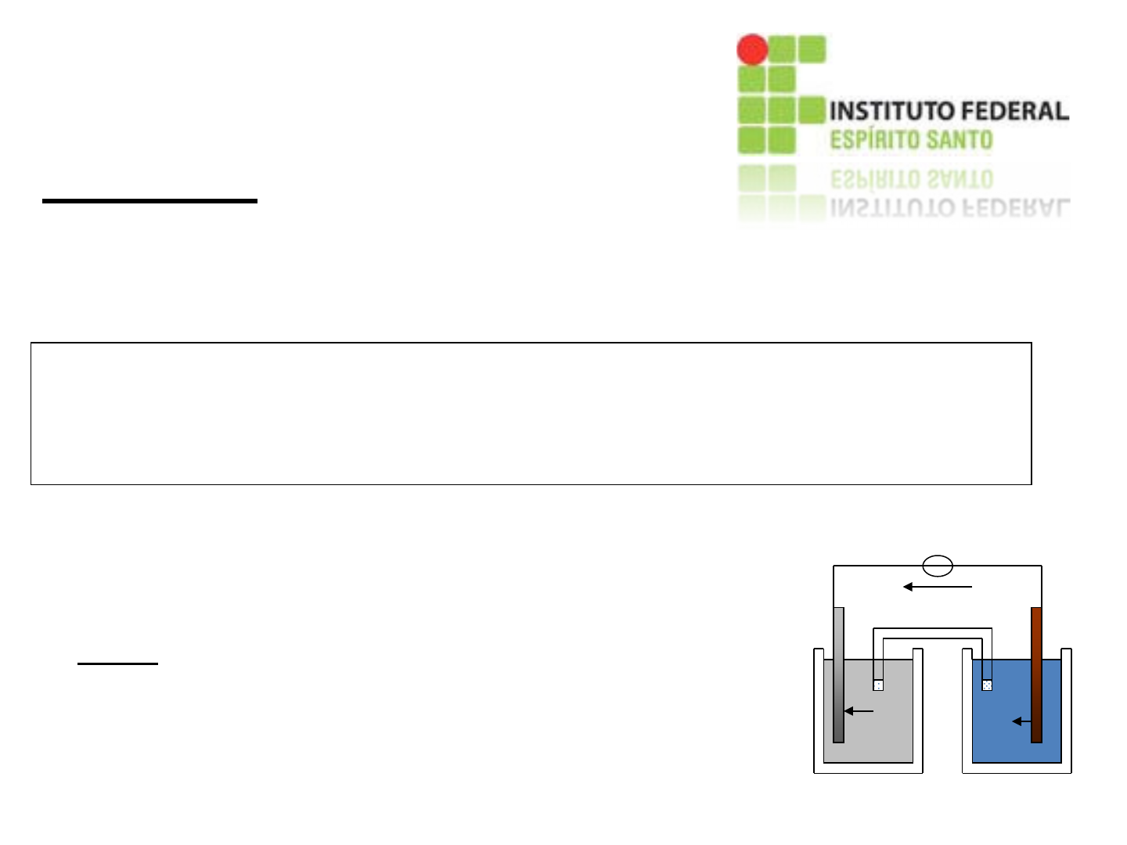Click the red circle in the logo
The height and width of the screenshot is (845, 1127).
pyautogui.click(x=752, y=50)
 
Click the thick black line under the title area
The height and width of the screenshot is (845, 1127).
pyautogui.click(x=149, y=201)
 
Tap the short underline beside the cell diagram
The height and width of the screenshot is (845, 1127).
pyautogui.click(x=117, y=663)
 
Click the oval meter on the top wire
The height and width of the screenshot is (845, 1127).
pyautogui.click(x=938, y=565)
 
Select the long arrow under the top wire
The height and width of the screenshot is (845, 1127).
pyautogui.click(x=938, y=586)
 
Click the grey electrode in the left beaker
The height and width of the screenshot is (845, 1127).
pyautogui.click(x=838, y=673)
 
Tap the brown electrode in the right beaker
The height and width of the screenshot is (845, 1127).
pyautogui.click(x=1036, y=673)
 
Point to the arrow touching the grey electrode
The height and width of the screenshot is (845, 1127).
pyautogui.click(x=859, y=711)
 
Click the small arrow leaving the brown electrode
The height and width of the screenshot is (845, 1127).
pyautogui.click(x=1021, y=721)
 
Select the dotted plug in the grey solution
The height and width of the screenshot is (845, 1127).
pyautogui.click(x=878, y=685)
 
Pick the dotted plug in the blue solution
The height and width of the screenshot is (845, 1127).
pyautogui.click(x=987, y=685)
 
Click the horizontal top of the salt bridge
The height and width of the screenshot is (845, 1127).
pyautogui.click(x=932, y=633)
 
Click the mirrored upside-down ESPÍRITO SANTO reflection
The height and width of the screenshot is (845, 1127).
pyautogui.click(x=911, y=179)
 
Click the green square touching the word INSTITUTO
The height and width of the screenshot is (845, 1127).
pyautogui.click(x=812, y=110)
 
